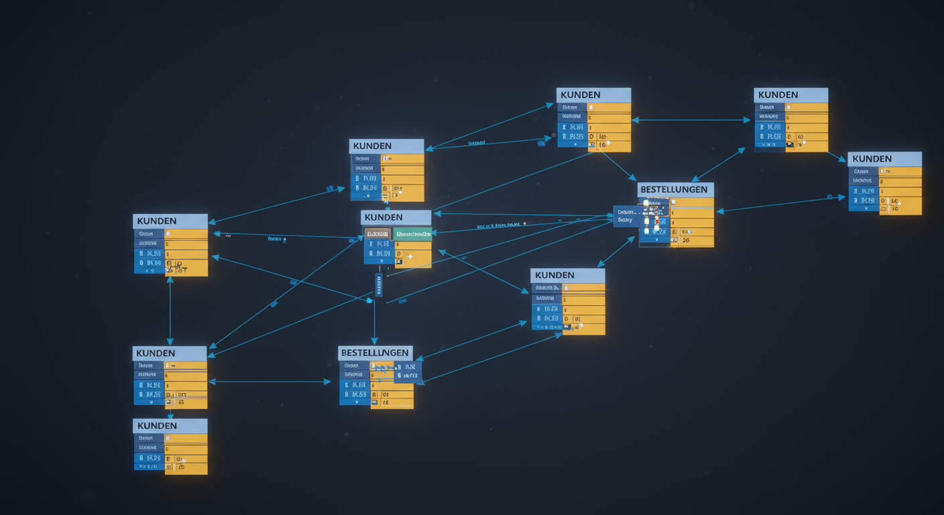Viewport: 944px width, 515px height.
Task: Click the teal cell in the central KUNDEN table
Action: point(412,234)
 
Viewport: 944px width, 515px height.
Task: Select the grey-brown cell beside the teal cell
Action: point(377,234)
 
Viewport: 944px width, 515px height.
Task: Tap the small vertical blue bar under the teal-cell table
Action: point(379,285)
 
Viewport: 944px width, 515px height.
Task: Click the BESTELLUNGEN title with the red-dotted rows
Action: point(675,190)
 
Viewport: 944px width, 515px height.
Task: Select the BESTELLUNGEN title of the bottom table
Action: point(375,353)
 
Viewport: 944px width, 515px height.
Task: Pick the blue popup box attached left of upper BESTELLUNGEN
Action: point(629,216)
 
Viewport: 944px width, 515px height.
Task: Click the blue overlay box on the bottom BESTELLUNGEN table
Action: point(407,371)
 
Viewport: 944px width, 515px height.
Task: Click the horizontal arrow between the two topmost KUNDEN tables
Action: point(691,120)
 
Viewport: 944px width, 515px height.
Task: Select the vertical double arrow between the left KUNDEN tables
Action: point(170,310)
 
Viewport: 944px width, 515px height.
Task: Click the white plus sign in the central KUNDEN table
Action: point(410,256)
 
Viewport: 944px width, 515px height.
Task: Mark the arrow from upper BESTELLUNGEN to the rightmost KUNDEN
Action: point(781,204)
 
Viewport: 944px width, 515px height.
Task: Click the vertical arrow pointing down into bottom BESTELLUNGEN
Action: point(374,322)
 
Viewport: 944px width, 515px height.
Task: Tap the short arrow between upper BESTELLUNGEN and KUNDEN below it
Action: point(615,251)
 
